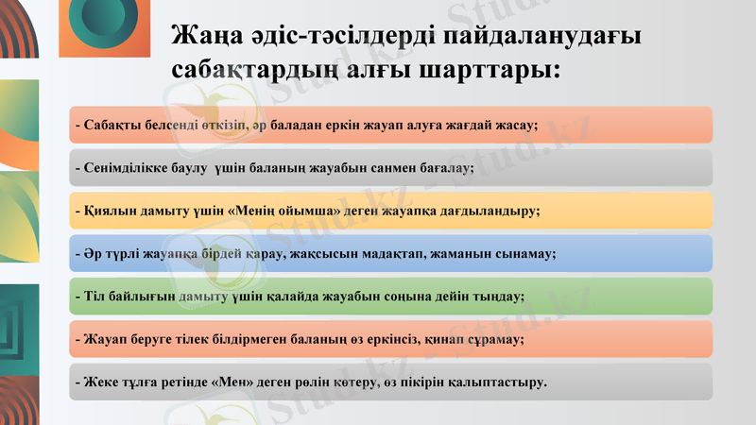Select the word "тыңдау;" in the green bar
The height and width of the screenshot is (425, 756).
tap(502, 296)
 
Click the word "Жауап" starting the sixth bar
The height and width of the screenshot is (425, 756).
tap(102, 338)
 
